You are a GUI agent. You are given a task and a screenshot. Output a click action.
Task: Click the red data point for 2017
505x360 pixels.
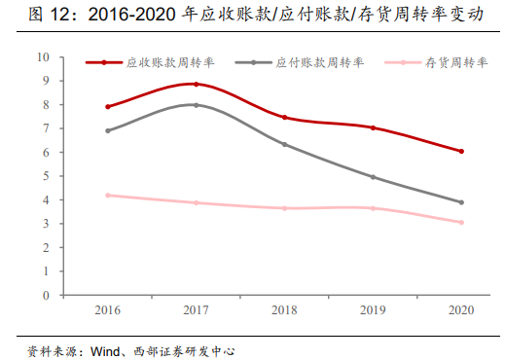coord(196,85)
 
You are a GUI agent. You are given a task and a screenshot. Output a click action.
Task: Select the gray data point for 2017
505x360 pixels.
coord(196,105)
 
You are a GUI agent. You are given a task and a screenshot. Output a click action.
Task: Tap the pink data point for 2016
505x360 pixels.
coord(107,196)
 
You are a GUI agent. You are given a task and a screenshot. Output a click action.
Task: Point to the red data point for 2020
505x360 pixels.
coord(461,151)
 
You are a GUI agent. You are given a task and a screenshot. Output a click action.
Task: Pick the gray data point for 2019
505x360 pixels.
coord(373,177)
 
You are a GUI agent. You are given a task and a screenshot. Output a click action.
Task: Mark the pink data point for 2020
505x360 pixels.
coord(461,222)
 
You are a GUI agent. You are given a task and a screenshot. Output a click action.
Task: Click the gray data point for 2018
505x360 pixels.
coord(284,144)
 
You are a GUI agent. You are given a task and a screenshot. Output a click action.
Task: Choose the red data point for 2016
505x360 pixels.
coord(107,107)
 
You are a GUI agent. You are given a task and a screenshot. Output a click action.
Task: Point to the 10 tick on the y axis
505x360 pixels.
coord(43,57)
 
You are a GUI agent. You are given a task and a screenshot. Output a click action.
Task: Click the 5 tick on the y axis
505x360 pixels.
coord(45,176)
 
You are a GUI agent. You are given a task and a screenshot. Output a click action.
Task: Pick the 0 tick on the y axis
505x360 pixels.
coord(45,295)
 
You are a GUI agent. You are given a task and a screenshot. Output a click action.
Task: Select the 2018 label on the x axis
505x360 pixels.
coord(284,311)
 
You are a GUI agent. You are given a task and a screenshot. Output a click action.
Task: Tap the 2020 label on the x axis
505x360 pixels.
coord(461,311)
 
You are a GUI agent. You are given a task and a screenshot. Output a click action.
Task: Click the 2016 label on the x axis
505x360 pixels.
coord(107,311)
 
